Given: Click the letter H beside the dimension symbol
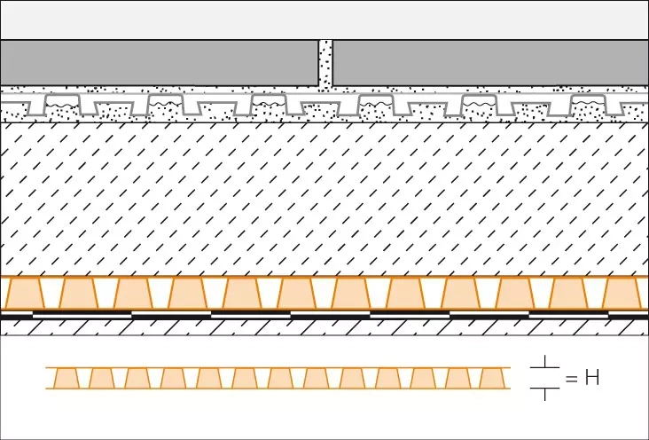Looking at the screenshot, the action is (592, 378).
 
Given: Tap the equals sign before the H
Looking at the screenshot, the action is (571, 378).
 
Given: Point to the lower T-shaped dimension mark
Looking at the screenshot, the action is (544, 393).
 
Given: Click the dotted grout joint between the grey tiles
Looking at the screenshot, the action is (325, 64).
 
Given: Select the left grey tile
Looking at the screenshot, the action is (160, 63).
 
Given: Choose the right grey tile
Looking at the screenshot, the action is (491, 63).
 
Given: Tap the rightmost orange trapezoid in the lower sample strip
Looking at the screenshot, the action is (493, 378).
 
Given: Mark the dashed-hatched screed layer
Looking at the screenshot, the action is (324, 199).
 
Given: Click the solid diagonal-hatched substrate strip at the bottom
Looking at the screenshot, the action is (324, 327).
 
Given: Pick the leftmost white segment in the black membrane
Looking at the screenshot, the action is (82, 315).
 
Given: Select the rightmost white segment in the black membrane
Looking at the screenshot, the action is (568, 315).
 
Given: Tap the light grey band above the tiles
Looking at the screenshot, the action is (324, 20).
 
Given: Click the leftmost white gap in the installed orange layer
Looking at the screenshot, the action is (51, 293).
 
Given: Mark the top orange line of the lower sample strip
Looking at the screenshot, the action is (278, 367).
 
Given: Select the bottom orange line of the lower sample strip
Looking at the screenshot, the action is (278, 389).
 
